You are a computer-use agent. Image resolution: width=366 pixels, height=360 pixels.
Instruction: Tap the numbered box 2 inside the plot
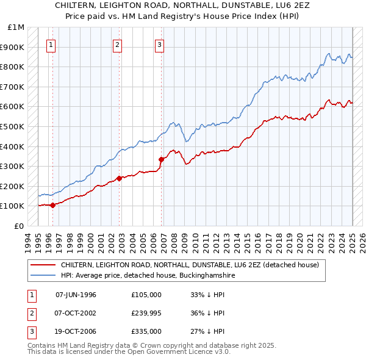[x=117, y=44]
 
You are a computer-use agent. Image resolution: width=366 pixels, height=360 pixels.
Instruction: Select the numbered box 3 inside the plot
[x=159, y=44]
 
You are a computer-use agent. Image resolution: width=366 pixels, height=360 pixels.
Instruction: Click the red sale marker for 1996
[x=53, y=205]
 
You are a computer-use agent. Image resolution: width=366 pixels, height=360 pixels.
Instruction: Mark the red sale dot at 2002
[x=119, y=178]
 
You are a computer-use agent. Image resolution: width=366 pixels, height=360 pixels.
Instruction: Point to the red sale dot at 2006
[x=162, y=159]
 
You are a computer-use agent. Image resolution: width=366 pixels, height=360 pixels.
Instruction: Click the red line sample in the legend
[x=43, y=265]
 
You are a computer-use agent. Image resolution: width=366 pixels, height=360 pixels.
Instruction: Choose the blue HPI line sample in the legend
[x=43, y=275]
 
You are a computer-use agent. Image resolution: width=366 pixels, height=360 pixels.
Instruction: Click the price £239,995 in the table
[x=146, y=313]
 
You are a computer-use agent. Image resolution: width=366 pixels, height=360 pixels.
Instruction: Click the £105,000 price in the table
[x=146, y=295]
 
